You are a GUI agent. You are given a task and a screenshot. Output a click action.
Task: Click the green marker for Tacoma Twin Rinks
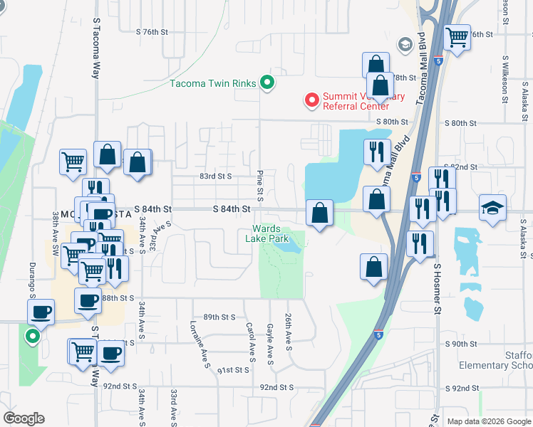pyautogui.click(x=267, y=83)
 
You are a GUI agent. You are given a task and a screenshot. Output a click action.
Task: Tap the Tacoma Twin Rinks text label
pyautogui.click(x=212, y=83)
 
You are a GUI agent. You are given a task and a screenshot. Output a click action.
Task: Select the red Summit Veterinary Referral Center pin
pyautogui.click(x=311, y=101)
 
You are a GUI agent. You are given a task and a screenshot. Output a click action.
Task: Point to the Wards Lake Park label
pyautogui.click(x=269, y=233)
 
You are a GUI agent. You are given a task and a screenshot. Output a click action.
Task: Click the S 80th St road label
pyautogui.click(x=460, y=122)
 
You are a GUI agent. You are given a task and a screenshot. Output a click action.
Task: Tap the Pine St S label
pyautogui.click(x=260, y=185)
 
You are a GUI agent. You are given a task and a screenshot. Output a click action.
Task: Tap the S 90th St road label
pyautogui.click(x=460, y=344)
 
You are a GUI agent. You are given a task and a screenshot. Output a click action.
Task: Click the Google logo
pyautogui.click(x=24, y=418)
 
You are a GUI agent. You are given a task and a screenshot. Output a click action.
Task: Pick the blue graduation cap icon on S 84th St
pyautogui.click(x=492, y=208)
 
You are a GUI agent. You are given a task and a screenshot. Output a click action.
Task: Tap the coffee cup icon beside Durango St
pyautogui.click(x=41, y=311)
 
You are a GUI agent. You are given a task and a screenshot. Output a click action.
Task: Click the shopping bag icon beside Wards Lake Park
pyautogui.click(x=320, y=212)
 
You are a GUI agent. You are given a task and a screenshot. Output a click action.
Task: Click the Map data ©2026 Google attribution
pyautogui.click(x=487, y=421)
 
